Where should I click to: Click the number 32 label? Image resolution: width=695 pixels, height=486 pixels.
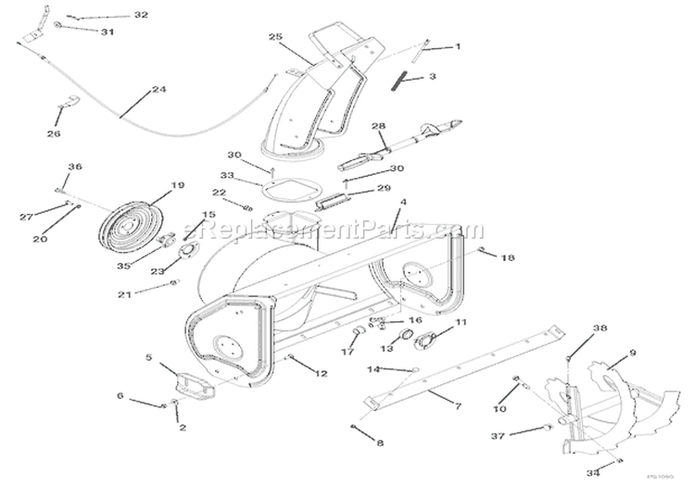(140, 16)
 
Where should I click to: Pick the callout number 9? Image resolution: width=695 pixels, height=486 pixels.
(632, 353)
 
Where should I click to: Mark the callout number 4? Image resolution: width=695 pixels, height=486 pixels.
(402, 202)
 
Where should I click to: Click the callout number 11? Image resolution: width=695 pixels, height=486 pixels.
(461, 322)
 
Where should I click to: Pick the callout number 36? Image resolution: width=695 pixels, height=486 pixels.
(74, 167)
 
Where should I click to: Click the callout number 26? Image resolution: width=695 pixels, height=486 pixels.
(53, 133)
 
